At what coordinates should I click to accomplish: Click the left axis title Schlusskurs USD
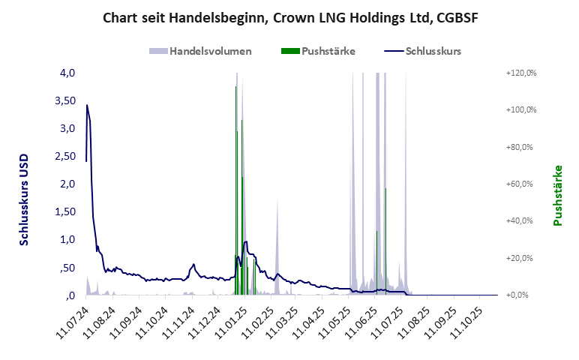pyautogui.click(x=25, y=199)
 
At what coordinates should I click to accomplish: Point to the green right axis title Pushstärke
pyautogui.click(x=557, y=195)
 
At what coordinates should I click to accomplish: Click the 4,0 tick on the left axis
pyautogui.click(x=67, y=73)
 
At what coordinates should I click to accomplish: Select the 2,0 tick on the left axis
pyautogui.click(x=67, y=184)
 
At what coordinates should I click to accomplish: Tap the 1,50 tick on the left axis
pyautogui.click(x=65, y=211)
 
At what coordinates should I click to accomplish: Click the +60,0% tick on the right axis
pyautogui.click(x=523, y=184)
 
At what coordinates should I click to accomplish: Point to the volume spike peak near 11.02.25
pyautogui.click(x=277, y=201)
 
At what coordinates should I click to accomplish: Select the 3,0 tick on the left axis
pyautogui.click(x=67, y=128)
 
